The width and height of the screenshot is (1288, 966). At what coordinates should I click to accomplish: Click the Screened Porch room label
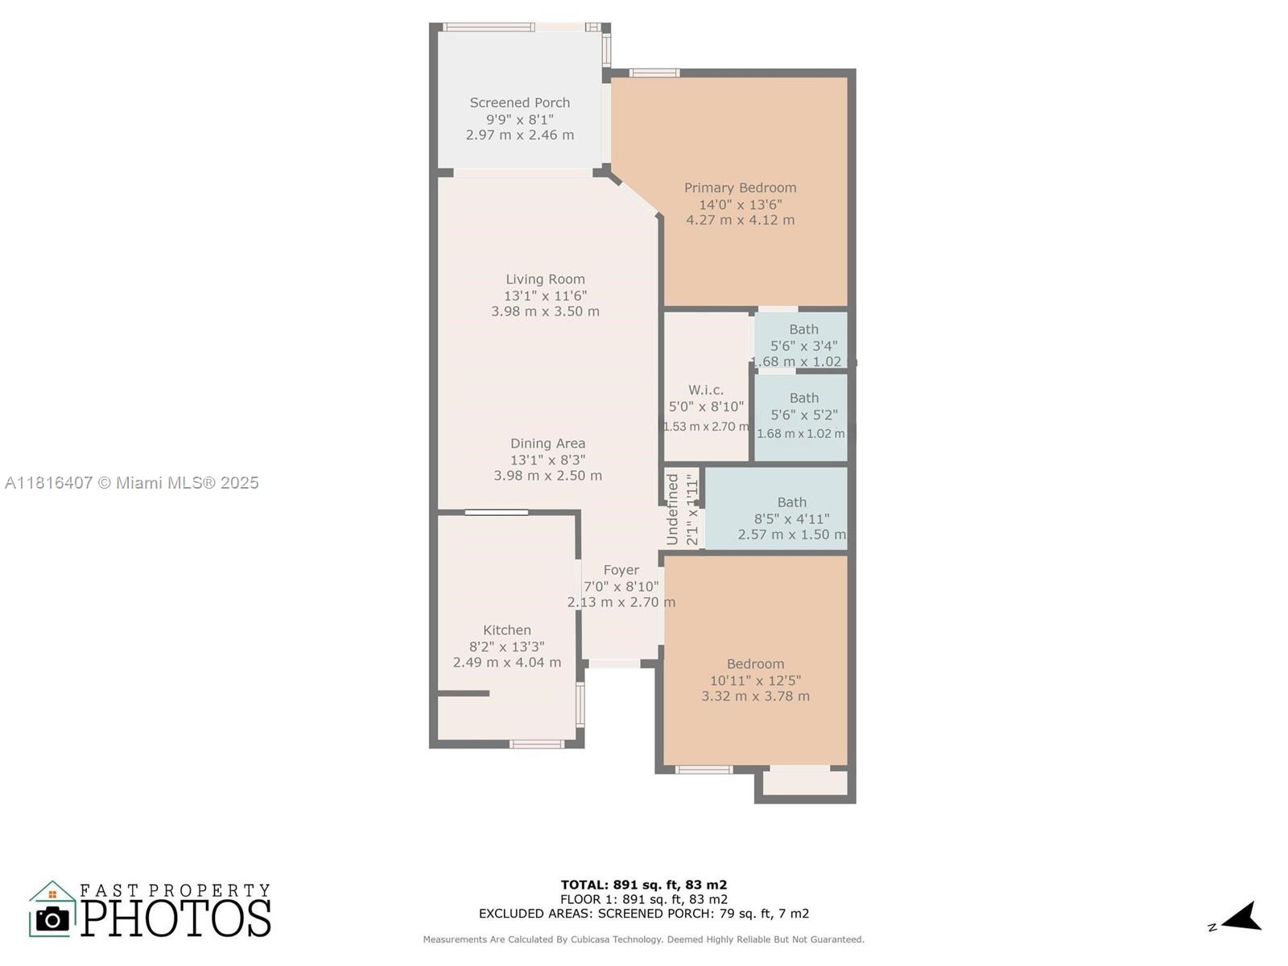click(x=519, y=103)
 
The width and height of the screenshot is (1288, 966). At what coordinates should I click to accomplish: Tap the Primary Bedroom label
click(x=740, y=188)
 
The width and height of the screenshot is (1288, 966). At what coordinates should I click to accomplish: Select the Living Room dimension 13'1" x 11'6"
click(x=545, y=295)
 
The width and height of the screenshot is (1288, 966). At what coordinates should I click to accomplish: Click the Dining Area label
click(x=547, y=444)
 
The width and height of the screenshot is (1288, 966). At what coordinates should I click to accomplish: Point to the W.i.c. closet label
click(x=705, y=390)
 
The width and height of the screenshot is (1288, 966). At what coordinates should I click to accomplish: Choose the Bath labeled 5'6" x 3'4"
click(x=803, y=329)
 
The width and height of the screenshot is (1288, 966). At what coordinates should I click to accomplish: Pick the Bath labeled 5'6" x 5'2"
click(x=803, y=398)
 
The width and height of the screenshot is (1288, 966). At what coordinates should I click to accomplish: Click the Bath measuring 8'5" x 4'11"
click(x=791, y=502)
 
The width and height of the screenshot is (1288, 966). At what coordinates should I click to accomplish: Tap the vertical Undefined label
click(x=673, y=509)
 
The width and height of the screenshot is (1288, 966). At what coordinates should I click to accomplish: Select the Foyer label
click(x=621, y=570)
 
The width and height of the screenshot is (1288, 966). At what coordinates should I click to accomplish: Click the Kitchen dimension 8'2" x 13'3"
click(x=506, y=646)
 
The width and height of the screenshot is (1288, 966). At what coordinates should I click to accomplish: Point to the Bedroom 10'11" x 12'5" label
click(x=755, y=664)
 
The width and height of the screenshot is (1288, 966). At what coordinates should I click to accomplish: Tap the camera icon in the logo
click(x=52, y=919)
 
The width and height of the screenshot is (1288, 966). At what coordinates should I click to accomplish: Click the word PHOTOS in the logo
click(x=175, y=918)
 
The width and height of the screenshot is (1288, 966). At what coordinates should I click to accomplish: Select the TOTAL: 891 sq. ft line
click(x=643, y=885)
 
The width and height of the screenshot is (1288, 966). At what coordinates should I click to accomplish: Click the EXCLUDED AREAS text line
click(x=643, y=914)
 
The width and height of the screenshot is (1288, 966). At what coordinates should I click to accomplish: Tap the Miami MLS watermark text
click(x=132, y=483)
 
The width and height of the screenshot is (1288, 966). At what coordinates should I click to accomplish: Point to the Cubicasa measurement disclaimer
click(x=643, y=939)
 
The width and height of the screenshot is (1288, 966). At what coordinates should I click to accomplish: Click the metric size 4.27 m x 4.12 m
click(x=740, y=220)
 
